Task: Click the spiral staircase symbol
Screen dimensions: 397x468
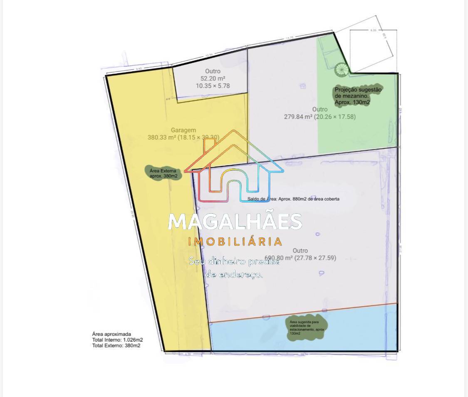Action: (341, 69)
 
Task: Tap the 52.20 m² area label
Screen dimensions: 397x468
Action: (213, 78)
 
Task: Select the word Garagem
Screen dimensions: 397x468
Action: (183, 130)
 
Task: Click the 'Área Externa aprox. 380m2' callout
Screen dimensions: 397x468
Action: (163, 173)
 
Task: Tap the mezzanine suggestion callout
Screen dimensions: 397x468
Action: (358, 95)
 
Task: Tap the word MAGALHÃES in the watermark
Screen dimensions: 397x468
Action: (235, 222)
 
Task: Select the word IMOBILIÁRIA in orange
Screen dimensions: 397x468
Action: (235, 242)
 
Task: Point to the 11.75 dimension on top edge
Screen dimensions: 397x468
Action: (290, 38)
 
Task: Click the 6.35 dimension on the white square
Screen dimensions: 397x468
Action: (373, 30)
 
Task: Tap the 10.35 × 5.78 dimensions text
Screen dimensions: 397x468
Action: (213, 86)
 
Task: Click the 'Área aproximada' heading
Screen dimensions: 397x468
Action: (111, 334)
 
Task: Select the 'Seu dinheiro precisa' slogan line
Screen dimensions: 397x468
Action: (234, 262)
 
